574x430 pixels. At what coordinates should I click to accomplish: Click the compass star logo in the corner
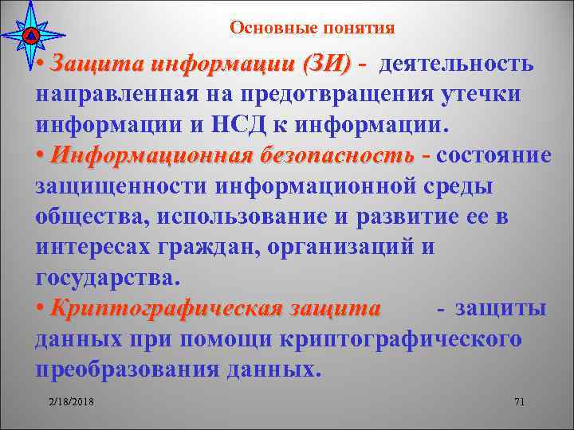click(29, 34)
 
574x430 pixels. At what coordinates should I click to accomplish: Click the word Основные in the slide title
click(270, 29)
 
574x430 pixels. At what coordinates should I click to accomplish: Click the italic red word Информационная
click(144, 155)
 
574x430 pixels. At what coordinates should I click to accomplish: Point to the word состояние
click(494, 155)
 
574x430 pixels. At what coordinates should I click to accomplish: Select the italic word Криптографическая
click(151, 309)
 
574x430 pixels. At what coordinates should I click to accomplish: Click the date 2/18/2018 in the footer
click(71, 401)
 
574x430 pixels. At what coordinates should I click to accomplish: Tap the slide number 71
click(519, 401)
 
